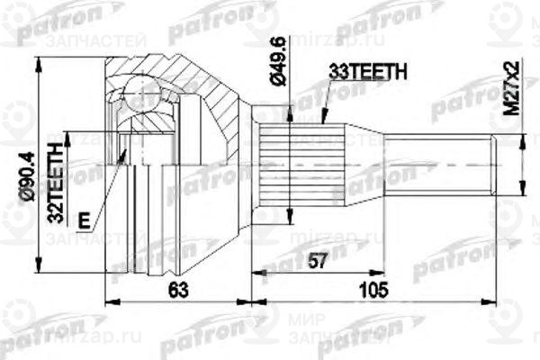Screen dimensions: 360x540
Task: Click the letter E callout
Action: (x=84, y=219)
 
